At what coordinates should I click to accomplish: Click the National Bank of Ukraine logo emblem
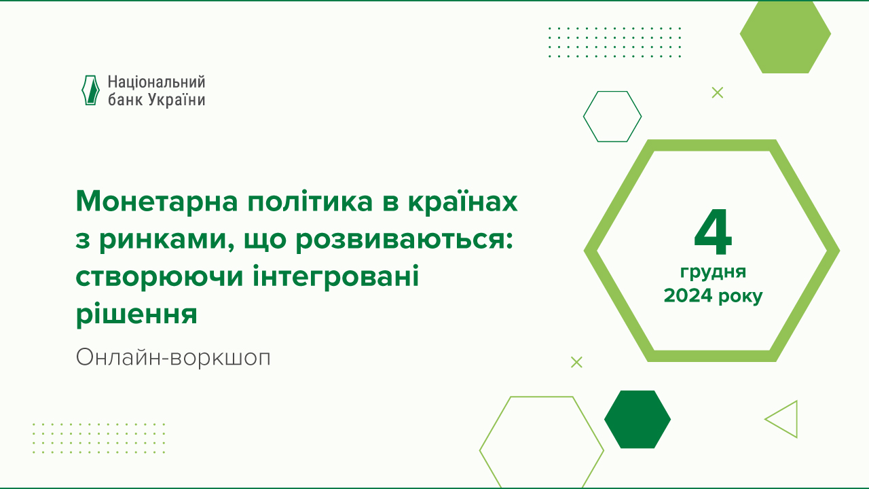coord(90,90)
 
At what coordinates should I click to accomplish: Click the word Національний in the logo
coord(156,82)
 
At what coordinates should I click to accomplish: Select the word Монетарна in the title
coord(157,202)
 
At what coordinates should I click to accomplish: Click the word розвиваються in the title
coord(404,240)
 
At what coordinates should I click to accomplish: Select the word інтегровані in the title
coord(336,277)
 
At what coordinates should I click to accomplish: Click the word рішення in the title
coord(136,314)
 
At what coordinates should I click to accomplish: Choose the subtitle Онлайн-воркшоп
coord(173,357)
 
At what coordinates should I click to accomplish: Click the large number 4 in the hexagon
coord(713,232)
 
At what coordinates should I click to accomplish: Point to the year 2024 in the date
coord(688,295)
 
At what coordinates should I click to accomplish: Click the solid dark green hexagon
coord(637,419)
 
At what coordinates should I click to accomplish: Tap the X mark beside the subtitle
coord(576,362)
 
